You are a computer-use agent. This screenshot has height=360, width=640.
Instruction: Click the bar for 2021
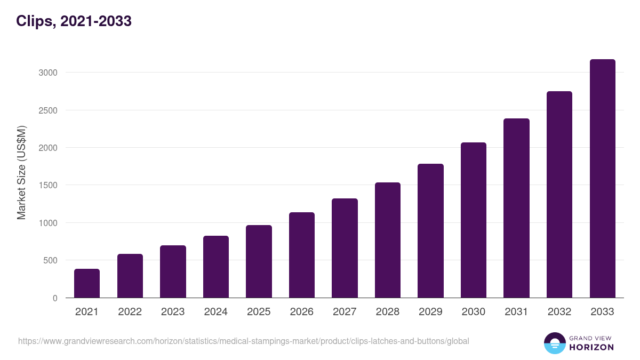tap(87, 283)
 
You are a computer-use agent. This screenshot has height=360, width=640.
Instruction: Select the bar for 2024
tap(216, 267)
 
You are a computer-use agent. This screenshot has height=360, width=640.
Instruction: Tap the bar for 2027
tap(345, 248)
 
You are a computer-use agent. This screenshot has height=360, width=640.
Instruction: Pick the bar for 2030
tap(474, 220)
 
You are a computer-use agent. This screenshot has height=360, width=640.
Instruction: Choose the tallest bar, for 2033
tap(602, 179)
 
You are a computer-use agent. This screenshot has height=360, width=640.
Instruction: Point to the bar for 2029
tap(430, 230)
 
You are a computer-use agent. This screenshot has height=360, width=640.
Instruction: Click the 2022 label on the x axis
tap(130, 312)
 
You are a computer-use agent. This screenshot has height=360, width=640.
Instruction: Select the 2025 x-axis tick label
tap(259, 312)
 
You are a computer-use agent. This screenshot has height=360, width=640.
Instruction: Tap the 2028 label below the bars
tap(388, 312)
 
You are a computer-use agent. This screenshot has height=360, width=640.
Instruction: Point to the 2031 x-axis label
tap(516, 312)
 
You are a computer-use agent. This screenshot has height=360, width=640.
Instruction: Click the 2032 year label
tap(559, 312)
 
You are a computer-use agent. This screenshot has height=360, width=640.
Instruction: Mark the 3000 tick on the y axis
tap(47, 73)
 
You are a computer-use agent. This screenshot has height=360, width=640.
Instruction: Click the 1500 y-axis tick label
tap(47, 186)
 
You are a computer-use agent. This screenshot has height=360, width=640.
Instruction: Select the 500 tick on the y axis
tap(50, 261)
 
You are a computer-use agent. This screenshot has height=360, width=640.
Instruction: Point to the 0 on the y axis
tap(55, 298)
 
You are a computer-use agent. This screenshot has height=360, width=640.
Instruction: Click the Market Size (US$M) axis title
tap(21, 172)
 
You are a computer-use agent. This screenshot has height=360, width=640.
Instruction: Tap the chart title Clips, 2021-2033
tap(74, 21)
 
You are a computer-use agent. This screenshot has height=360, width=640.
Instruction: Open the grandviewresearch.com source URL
tap(244, 341)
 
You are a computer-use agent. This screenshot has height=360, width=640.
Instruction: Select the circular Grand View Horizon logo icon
tap(554, 343)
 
